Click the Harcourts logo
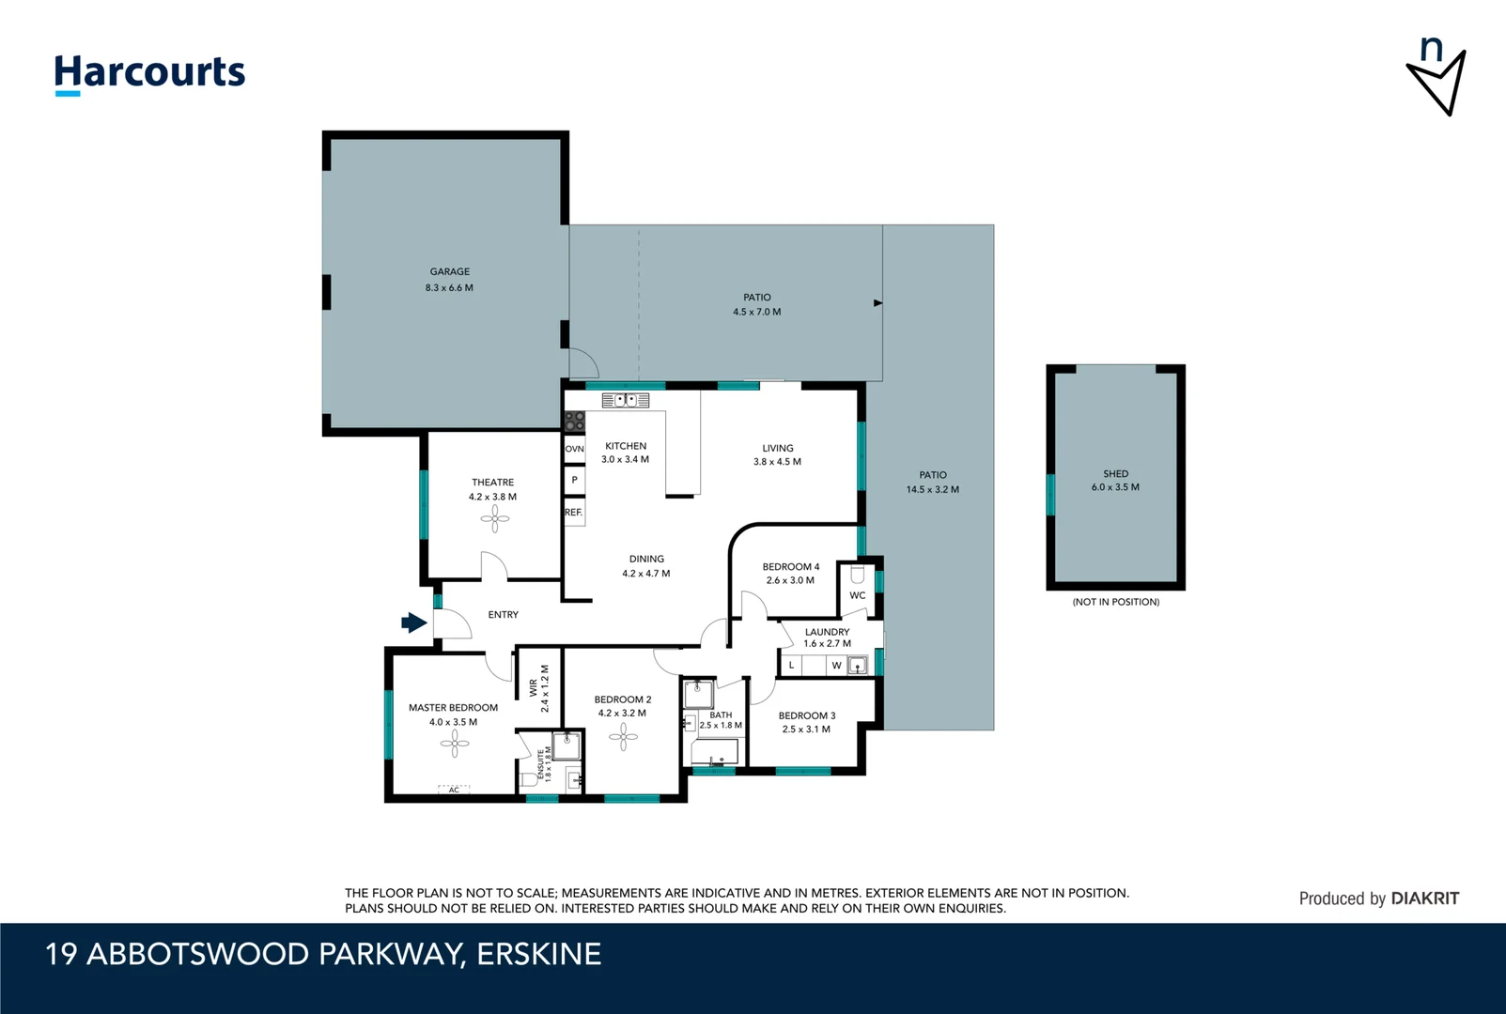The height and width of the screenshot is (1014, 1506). (x=149, y=73)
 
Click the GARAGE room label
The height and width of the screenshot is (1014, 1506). (x=450, y=271)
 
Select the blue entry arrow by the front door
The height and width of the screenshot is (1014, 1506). (x=413, y=622)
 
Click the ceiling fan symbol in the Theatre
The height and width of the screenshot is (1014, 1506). (x=495, y=518)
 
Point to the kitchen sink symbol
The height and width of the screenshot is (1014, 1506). (x=626, y=400)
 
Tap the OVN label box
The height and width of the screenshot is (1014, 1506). (x=574, y=449)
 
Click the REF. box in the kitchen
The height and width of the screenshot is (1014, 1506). (x=574, y=513)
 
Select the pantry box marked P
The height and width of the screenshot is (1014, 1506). (x=574, y=480)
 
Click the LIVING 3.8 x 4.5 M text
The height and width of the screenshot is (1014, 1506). (x=777, y=462)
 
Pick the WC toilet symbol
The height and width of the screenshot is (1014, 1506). (x=857, y=574)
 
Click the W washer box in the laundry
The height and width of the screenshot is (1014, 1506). (x=836, y=666)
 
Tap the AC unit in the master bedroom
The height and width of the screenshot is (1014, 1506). (x=454, y=790)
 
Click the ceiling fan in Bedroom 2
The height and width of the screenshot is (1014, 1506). (x=623, y=737)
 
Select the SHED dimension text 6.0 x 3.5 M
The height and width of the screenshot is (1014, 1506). (x=1115, y=487)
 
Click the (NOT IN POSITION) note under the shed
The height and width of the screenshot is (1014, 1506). (x=1115, y=602)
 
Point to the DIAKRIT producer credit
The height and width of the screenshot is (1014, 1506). (x=1424, y=899)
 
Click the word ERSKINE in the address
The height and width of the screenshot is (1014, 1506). (x=539, y=954)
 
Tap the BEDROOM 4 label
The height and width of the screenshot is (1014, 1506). (x=790, y=567)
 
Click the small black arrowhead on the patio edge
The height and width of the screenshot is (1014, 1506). (x=877, y=303)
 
